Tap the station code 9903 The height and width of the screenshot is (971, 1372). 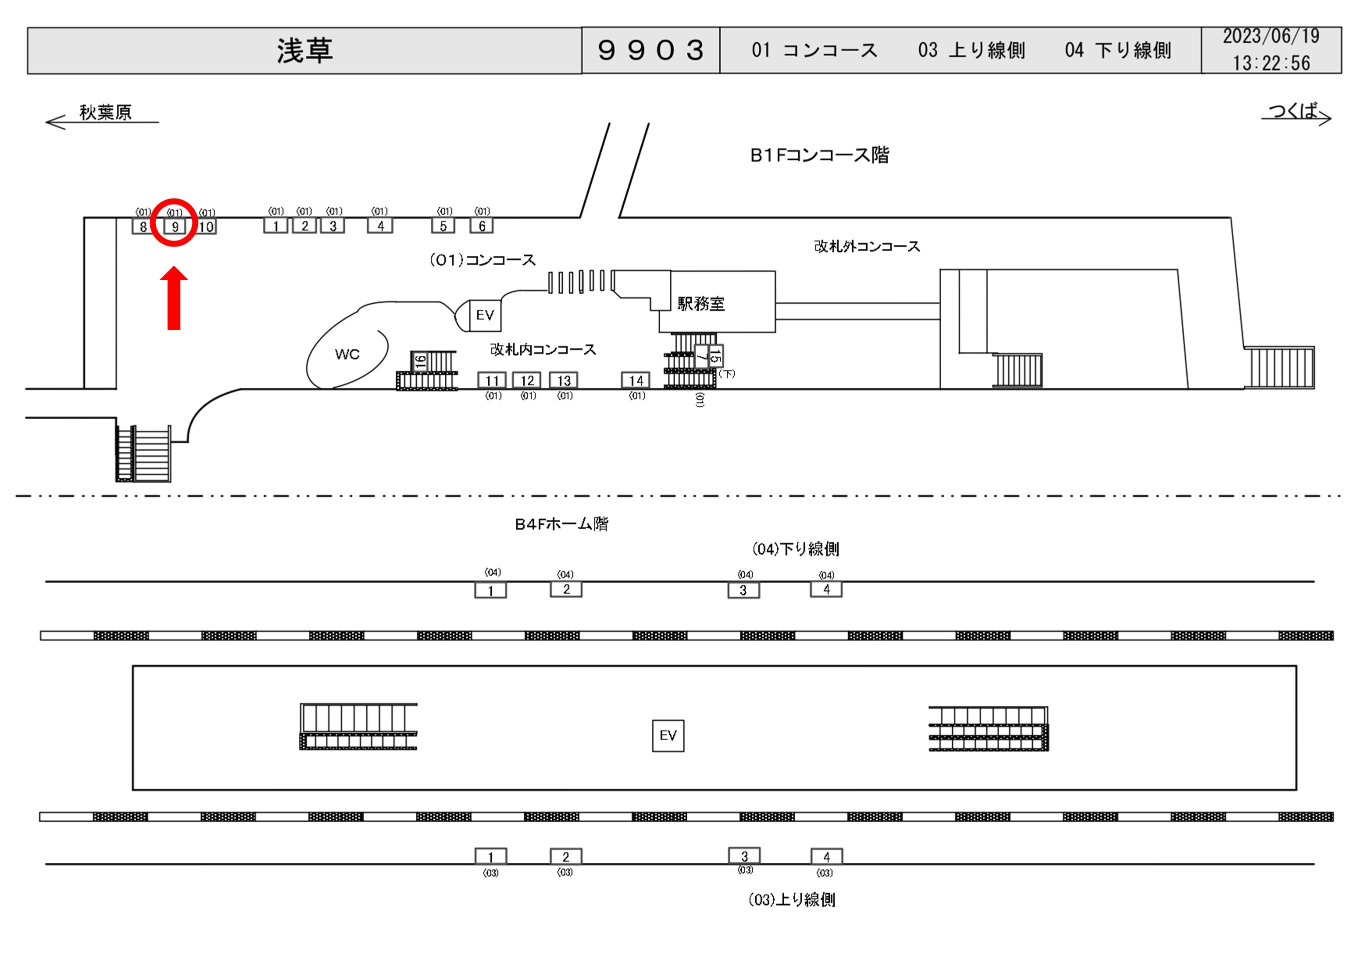coord(650,50)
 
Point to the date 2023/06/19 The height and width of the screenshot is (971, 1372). coord(1271,37)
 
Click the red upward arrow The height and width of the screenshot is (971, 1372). coord(174,298)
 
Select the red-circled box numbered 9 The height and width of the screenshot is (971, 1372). coord(174,226)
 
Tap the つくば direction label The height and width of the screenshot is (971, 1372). coord(1293,110)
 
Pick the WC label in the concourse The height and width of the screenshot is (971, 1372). coord(347,354)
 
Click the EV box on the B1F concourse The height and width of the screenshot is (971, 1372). coord(485,315)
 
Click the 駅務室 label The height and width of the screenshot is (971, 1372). coord(700,303)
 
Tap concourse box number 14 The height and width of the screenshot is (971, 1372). coord(636,381)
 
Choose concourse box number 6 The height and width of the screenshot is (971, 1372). coord(482,226)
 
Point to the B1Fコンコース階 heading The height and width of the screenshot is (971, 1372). coord(819,155)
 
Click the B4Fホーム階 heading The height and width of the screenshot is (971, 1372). coord(561,524)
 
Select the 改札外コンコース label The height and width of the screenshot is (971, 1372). coord(867,246)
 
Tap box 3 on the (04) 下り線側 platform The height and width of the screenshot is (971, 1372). coord(743,590)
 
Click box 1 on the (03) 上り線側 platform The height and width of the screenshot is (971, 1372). coord(491,856)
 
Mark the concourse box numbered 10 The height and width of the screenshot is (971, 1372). coord(206,226)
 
